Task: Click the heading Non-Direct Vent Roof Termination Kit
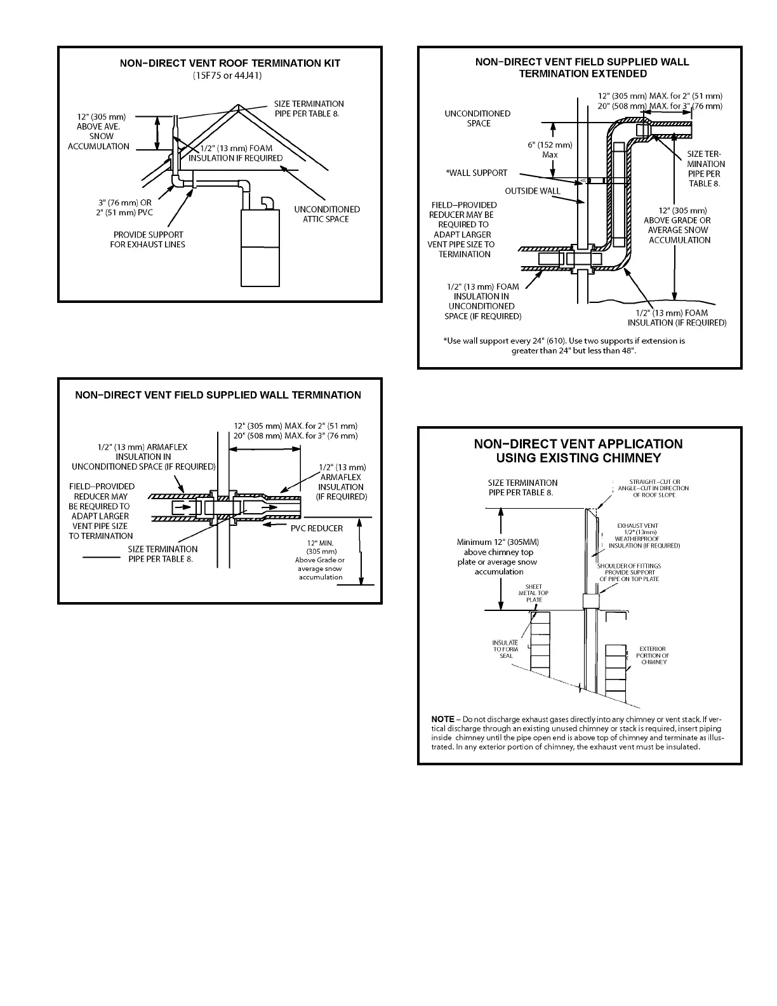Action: click(x=230, y=64)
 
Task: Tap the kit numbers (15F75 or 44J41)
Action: click(x=227, y=75)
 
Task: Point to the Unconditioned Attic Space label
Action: click(x=326, y=214)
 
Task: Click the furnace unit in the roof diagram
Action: click(x=260, y=248)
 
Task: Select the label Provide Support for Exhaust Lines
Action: click(x=147, y=239)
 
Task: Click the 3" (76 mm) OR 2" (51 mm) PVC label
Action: click(x=124, y=208)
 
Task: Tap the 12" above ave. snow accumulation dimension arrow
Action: click(x=157, y=133)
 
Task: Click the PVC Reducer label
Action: click(x=316, y=528)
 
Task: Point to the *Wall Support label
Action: click(x=477, y=173)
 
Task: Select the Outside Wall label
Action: click(x=533, y=191)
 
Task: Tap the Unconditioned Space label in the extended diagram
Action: click(x=477, y=118)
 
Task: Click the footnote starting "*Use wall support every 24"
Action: click(x=564, y=345)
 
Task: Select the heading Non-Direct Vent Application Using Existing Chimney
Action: click(x=578, y=450)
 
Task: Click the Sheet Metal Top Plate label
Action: click(x=533, y=593)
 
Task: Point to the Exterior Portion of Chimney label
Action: click(x=652, y=655)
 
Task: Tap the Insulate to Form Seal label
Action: click(x=505, y=649)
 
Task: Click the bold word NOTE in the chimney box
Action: click(x=442, y=719)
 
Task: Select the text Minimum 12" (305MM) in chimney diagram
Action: click(x=498, y=542)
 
